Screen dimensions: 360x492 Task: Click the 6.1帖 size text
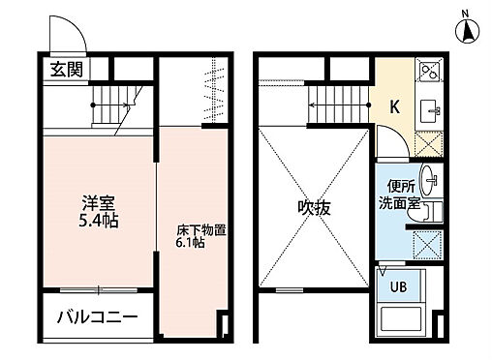click(x=190, y=244)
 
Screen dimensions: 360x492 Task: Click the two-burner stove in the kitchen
click(x=428, y=72)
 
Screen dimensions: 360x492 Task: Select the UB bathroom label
click(x=398, y=285)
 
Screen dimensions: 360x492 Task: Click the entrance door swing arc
click(x=73, y=37)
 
